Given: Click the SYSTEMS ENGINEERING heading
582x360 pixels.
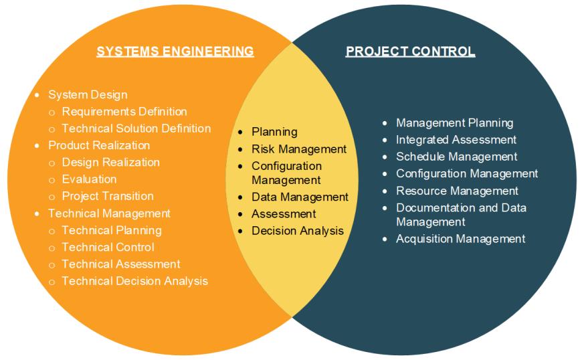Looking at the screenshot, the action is pos(175,52).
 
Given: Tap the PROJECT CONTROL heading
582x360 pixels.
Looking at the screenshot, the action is pos(410,52).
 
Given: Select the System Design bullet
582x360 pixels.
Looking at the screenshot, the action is pos(88,95).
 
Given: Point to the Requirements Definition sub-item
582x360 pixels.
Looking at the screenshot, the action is pos(124,112).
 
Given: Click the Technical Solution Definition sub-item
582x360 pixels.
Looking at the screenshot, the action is pos(136,128).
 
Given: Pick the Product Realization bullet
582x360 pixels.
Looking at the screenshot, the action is pos(99,145).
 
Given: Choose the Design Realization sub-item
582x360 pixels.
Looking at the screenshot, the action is pos(111,162).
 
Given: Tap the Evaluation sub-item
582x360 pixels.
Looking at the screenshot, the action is pos(89,179).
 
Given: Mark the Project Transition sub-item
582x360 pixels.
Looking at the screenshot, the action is pos(108,196).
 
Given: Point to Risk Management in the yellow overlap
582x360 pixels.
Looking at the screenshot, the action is pos(299,149).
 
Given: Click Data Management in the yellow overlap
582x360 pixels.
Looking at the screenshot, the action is pos(300,197).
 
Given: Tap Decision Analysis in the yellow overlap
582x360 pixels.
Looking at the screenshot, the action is pos(298,231).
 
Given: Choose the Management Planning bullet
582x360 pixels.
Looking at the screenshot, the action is pos(455,123).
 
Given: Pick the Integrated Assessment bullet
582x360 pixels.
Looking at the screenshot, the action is pos(456,140).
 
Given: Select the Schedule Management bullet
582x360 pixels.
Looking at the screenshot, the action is pos(457,157).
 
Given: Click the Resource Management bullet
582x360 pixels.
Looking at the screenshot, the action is pos(458,191).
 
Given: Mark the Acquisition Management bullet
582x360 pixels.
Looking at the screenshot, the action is pos(461,239).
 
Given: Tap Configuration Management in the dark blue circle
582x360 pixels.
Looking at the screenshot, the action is pos(467,173).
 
